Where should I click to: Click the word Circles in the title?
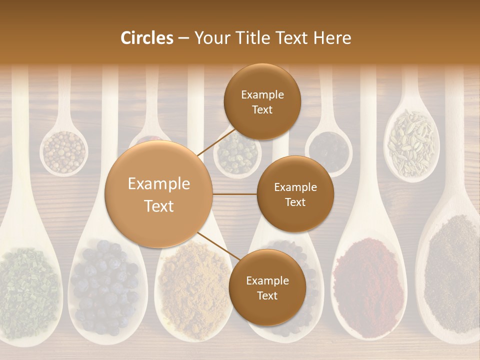[x=146, y=38]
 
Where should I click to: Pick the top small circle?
[x=262, y=101]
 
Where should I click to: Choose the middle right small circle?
[x=295, y=194]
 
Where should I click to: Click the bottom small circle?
[x=267, y=287]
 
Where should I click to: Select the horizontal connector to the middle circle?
[x=235, y=194]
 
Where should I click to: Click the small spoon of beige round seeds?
[x=63, y=151]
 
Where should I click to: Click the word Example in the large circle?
[x=159, y=184]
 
